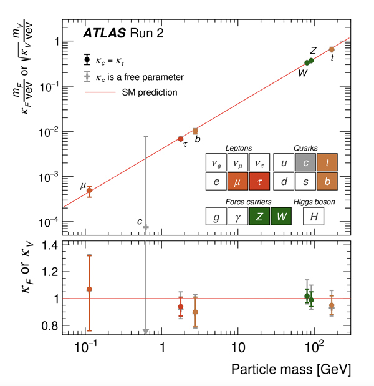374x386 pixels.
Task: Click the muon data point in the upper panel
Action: [89, 191]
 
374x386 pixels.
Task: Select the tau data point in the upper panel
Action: [181, 139]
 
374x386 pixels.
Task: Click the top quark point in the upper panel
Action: [332, 49]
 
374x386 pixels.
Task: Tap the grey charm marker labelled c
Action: [145, 228]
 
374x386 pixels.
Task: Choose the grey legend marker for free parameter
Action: [87, 77]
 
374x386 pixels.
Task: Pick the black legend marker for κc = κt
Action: [87, 61]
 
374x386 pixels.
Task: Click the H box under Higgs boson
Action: [314, 217]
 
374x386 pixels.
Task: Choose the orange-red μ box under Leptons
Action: [238, 182]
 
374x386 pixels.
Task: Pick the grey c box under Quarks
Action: [305, 163]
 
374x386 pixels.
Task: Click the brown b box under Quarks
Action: [327, 182]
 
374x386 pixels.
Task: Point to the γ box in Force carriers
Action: [238, 217]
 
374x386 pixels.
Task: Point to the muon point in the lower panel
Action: [89, 289]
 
